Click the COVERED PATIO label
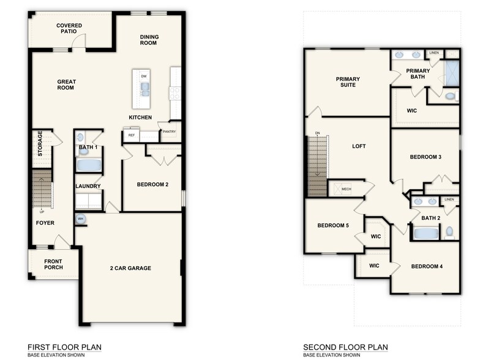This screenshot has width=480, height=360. point(69,29)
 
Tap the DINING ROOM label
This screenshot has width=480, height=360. point(149,40)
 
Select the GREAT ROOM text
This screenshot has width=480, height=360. point(66,84)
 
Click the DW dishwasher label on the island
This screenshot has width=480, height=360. point(144,76)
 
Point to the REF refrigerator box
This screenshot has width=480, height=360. point(131,135)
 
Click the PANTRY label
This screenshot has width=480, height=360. point(168,131)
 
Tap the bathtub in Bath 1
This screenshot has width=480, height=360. point(89,165)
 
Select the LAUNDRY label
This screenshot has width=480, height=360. point(88,186)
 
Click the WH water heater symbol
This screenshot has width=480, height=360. point(81,219)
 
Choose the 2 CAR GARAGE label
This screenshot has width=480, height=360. point(130,268)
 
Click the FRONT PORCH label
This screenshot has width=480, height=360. point(53,264)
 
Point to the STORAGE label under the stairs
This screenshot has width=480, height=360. point(40,143)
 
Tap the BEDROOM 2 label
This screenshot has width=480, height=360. point(152,184)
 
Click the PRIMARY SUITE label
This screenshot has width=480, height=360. point(347,81)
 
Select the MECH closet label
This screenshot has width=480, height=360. point(346,189)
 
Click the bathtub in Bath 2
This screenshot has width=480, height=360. point(426,233)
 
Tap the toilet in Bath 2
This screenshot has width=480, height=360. point(450,232)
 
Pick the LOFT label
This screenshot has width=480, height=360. point(359,146)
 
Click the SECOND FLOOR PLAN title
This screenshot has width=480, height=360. point(345,347)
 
